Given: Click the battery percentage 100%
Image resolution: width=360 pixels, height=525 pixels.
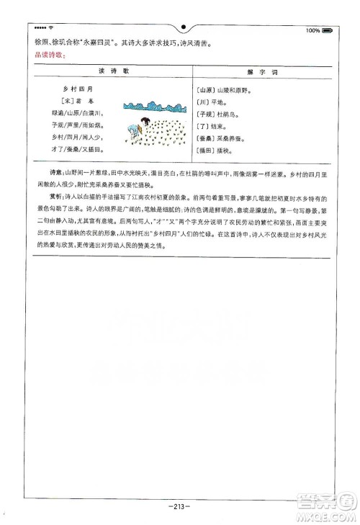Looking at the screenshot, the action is point(312,30).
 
